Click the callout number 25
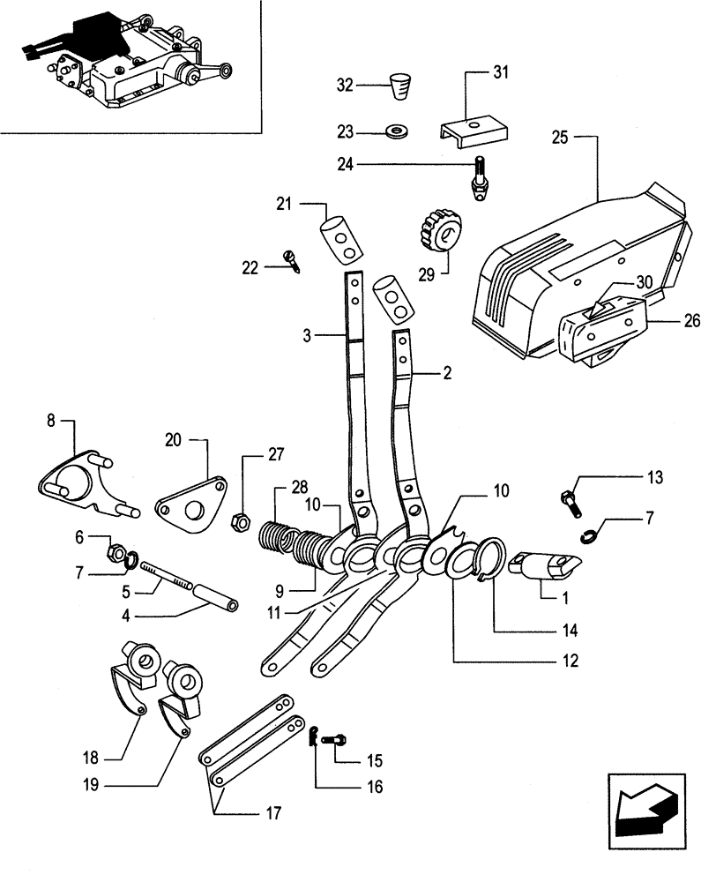pyautogui.click(x=560, y=137)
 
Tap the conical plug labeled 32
pyautogui.click(x=401, y=88)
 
